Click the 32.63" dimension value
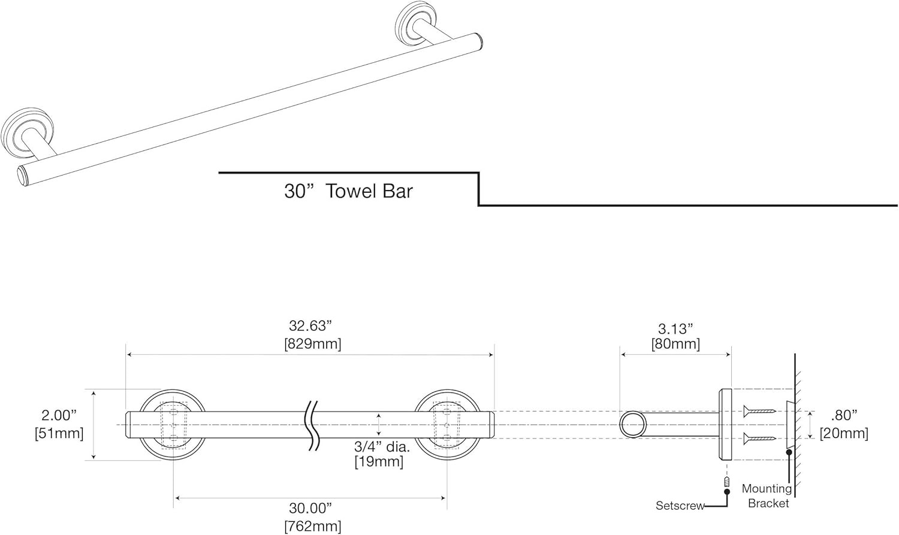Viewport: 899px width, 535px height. coord(310,326)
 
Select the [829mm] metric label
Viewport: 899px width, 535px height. coord(312,344)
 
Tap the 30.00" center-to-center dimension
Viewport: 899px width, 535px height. coord(310,509)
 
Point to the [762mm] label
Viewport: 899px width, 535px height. coord(312,527)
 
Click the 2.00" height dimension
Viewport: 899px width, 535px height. coord(59,415)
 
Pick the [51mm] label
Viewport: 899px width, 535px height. coord(59,433)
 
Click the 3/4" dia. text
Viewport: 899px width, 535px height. coord(381,446)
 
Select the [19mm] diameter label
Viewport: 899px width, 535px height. coord(379,461)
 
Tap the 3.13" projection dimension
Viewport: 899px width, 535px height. coord(675,328)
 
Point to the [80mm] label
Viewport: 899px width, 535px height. coord(675,344)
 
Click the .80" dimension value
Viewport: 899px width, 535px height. coord(844,415)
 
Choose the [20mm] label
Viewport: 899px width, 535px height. coord(844,433)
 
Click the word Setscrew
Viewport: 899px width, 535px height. coord(680,506)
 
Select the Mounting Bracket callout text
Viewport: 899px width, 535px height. coord(767,496)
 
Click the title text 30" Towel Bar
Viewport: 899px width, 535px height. coord(348,191)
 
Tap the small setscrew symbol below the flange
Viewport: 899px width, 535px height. coord(726,482)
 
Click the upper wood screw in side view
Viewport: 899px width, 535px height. coord(759,411)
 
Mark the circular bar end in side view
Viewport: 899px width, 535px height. coord(633,425)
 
